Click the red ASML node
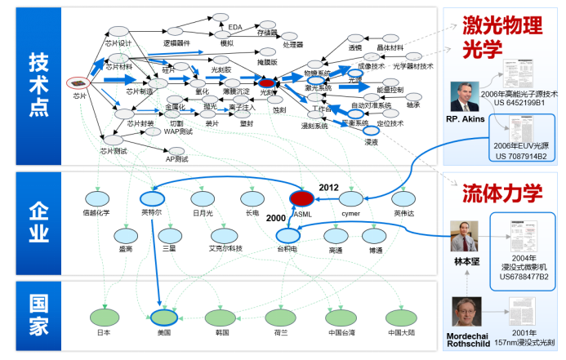(x=302, y=198)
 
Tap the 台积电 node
(x=287, y=234)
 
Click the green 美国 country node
(x=163, y=318)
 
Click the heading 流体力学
(x=491, y=193)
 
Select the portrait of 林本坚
(x=464, y=237)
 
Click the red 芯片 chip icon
(x=77, y=82)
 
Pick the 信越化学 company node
(x=96, y=198)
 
